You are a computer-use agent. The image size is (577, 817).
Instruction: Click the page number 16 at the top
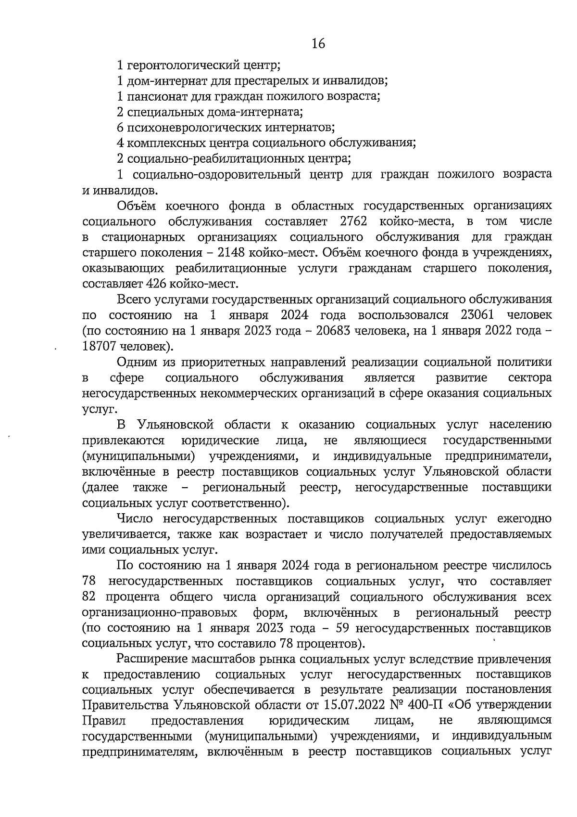[318, 44]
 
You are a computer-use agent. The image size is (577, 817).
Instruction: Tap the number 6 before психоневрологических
[120, 127]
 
